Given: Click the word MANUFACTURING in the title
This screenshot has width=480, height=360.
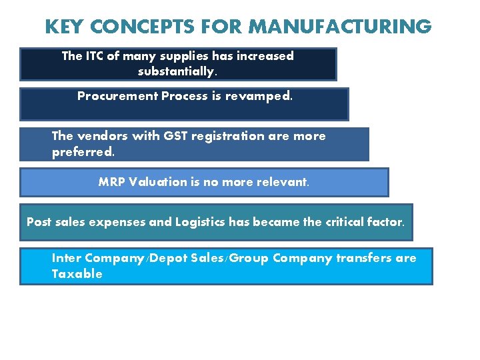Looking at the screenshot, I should [x=340, y=27].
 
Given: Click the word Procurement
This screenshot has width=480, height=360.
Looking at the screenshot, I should [x=117, y=96].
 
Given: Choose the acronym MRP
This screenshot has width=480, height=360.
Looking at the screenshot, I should [x=111, y=182].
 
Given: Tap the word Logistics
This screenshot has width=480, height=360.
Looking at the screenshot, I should [x=200, y=222].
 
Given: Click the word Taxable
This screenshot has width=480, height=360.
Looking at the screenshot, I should [x=77, y=274].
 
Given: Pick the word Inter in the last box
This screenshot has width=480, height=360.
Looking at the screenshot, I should [x=67, y=258].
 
